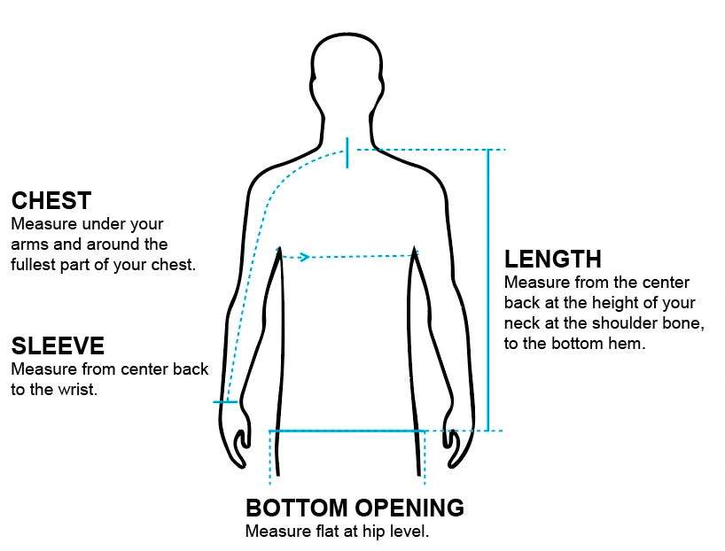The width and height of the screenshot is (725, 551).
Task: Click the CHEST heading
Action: [51, 201]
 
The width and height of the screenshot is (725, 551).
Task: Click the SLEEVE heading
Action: [58, 345]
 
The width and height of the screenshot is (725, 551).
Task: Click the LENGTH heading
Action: [552, 259]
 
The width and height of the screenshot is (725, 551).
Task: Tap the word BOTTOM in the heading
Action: [296, 508]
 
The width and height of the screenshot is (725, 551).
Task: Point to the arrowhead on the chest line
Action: [304, 257]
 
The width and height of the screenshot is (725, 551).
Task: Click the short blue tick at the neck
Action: [347, 152]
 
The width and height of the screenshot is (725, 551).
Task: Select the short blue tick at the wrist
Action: [225, 401]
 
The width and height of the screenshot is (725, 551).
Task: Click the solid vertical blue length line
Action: [487, 291]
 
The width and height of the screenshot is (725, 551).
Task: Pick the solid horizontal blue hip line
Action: [347, 431]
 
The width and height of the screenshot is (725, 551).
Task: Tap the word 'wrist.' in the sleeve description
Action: [77, 390]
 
